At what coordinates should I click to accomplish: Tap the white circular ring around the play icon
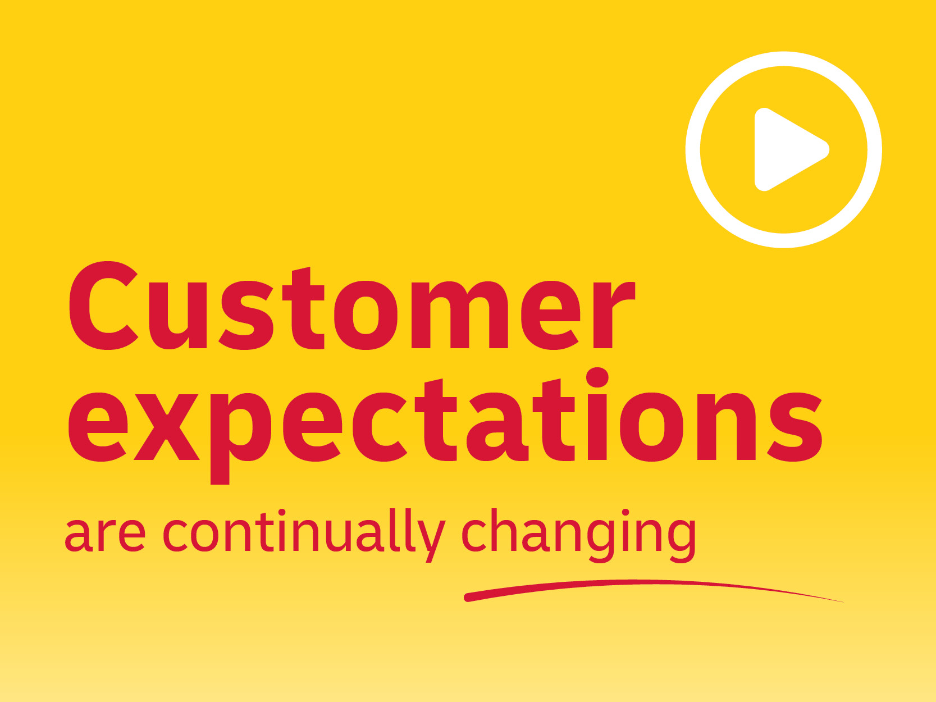[693, 149]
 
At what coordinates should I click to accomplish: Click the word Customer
[352, 306]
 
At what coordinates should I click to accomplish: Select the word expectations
[446, 426]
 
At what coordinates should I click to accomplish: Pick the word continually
[304, 535]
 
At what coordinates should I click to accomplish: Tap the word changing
[579, 535]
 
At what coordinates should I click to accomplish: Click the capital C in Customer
[104, 306]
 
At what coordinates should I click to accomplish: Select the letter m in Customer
[460, 314]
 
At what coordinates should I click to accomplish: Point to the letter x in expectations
[167, 427]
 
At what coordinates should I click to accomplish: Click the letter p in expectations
[241, 439]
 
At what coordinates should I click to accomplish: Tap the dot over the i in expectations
[597, 377]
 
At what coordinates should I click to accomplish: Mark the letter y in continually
[432, 540]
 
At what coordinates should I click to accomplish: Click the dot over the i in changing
[625, 512]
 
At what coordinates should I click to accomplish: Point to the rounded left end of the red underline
[468, 598]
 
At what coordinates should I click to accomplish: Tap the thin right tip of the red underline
[843, 602]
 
